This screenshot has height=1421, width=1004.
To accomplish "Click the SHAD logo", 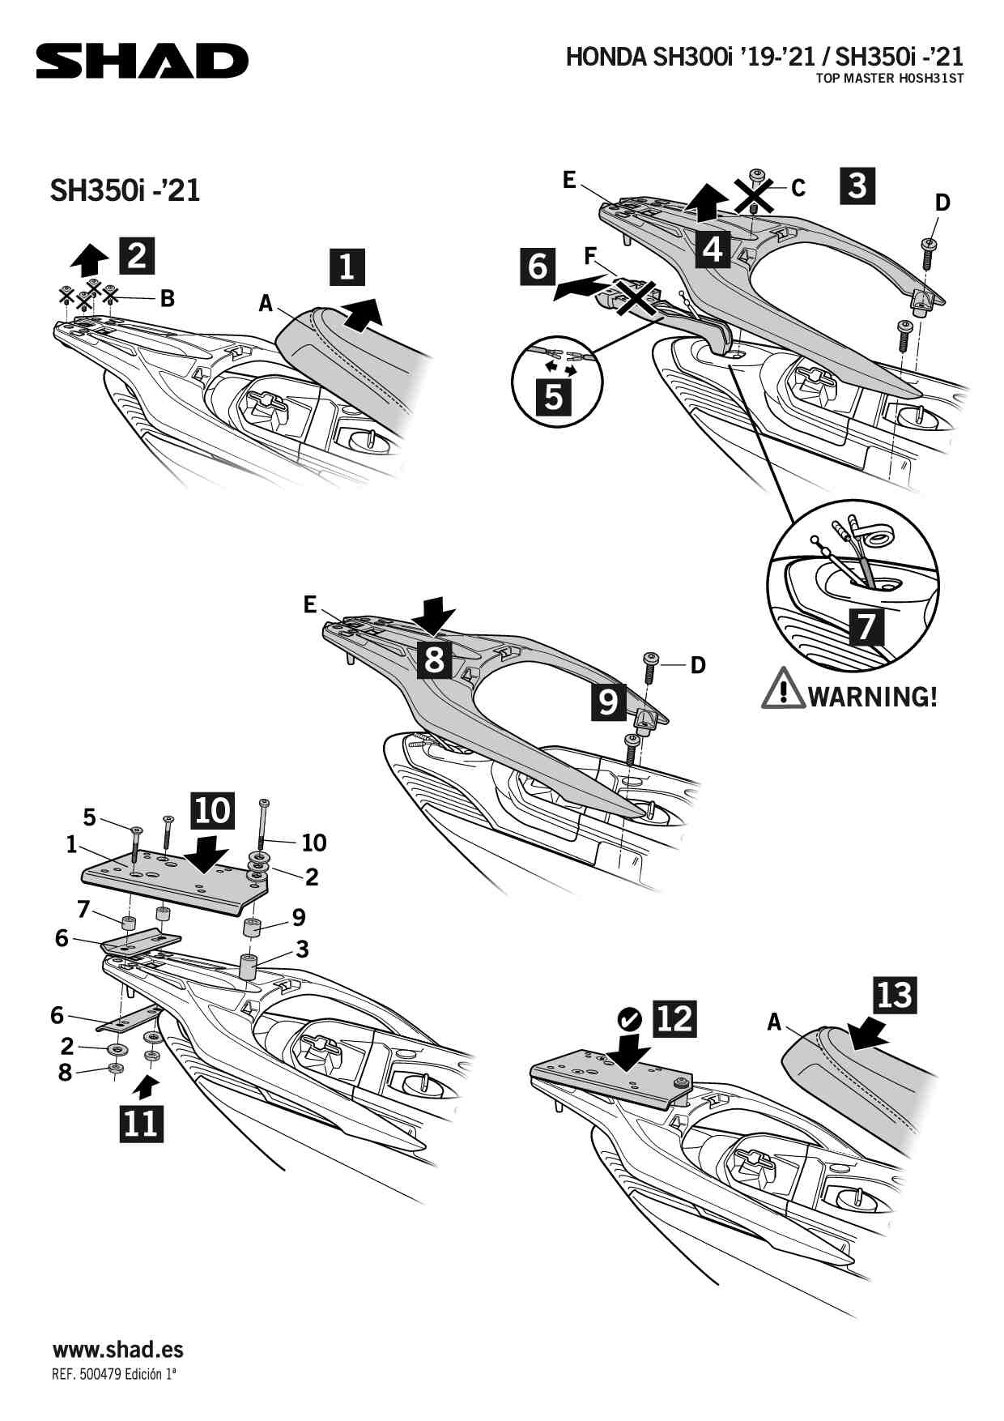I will (x=142, y=62).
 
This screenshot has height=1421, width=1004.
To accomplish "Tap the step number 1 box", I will (x=347, y=267).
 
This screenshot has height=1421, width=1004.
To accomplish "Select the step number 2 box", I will (x=137, y=256).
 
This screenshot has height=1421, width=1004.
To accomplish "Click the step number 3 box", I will (x=857, y=186).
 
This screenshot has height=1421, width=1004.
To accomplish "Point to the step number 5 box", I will (x=554, y=397).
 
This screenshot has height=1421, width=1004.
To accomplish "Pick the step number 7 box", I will (x=866, y=626).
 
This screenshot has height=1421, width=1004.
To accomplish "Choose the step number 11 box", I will (x=141, y=1124).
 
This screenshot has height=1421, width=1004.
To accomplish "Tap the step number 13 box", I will (x=894, y=994).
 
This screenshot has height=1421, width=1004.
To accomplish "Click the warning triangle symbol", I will (x=782, y=689).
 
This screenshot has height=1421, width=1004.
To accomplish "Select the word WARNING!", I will (x=873, y=696).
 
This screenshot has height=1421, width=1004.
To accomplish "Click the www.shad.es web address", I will (x=118, y=1350).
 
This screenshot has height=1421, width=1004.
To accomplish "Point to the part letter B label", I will (x=168, y=298).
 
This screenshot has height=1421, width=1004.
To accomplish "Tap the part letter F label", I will (x=590, y=256).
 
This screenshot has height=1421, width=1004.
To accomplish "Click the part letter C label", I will (x=798, y=188).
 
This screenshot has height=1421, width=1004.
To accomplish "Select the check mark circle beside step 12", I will (x=629, y=1018).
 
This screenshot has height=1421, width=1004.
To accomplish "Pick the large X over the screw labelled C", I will (x=754, y=197).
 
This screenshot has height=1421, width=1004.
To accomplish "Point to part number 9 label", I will (x=299, y=917).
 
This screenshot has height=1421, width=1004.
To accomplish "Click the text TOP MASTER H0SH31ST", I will (x=889, y=79).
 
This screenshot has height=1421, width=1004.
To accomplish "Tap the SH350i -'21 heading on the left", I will (x=125, y=190).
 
